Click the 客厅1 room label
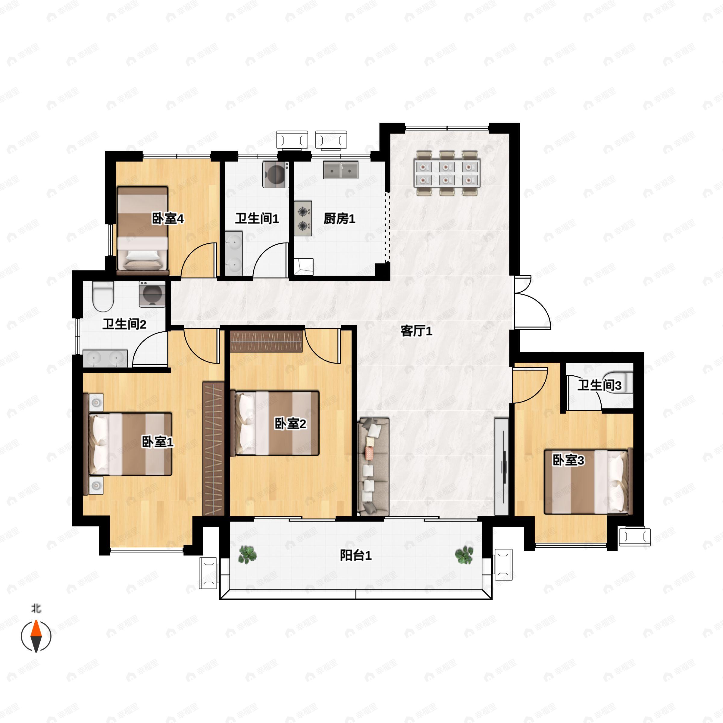[416, 331]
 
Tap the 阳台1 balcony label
[355, 555]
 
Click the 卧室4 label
[168, 218]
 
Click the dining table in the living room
[447, 173]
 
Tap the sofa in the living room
[373, 467]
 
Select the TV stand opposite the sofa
[502, 466]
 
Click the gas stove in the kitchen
[303, 218]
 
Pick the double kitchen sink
[340, 170]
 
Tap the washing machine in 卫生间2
[152, 294]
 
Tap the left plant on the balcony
[247, 555]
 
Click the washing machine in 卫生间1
[275, 174]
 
